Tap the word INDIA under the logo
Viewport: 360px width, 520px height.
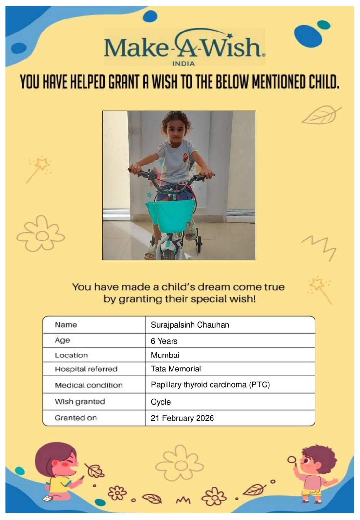[x=183, y=64]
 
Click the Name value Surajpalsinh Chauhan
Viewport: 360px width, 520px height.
[x=190, y=325]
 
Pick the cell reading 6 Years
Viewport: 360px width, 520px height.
[x=164, y=341]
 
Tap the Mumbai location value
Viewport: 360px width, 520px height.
[x=165, y=355]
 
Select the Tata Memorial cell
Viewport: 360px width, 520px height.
[x=176, y=369]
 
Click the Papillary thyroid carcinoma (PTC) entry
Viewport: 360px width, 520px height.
[x=210, y=385]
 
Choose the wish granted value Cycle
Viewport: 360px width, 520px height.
[x=161, y=402]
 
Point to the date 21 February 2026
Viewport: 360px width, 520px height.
[x=182, y=418]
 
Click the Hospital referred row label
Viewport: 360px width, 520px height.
[x=86, y=369]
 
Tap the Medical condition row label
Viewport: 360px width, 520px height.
[x=89, y=385]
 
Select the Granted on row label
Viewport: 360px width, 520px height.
[x=76, y=418]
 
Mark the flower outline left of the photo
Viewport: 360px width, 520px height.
[x=41, y=233]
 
